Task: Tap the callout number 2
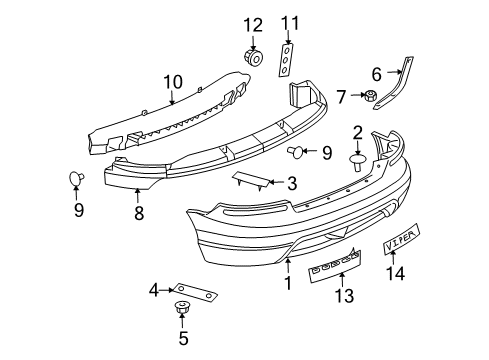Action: [357, 132]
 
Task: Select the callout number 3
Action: [291, 183]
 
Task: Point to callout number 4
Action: [154, 291]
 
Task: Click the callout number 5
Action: [182, 337]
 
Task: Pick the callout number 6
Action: [376, 72]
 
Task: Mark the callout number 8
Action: [138, 213]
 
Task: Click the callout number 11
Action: [289, 23]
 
